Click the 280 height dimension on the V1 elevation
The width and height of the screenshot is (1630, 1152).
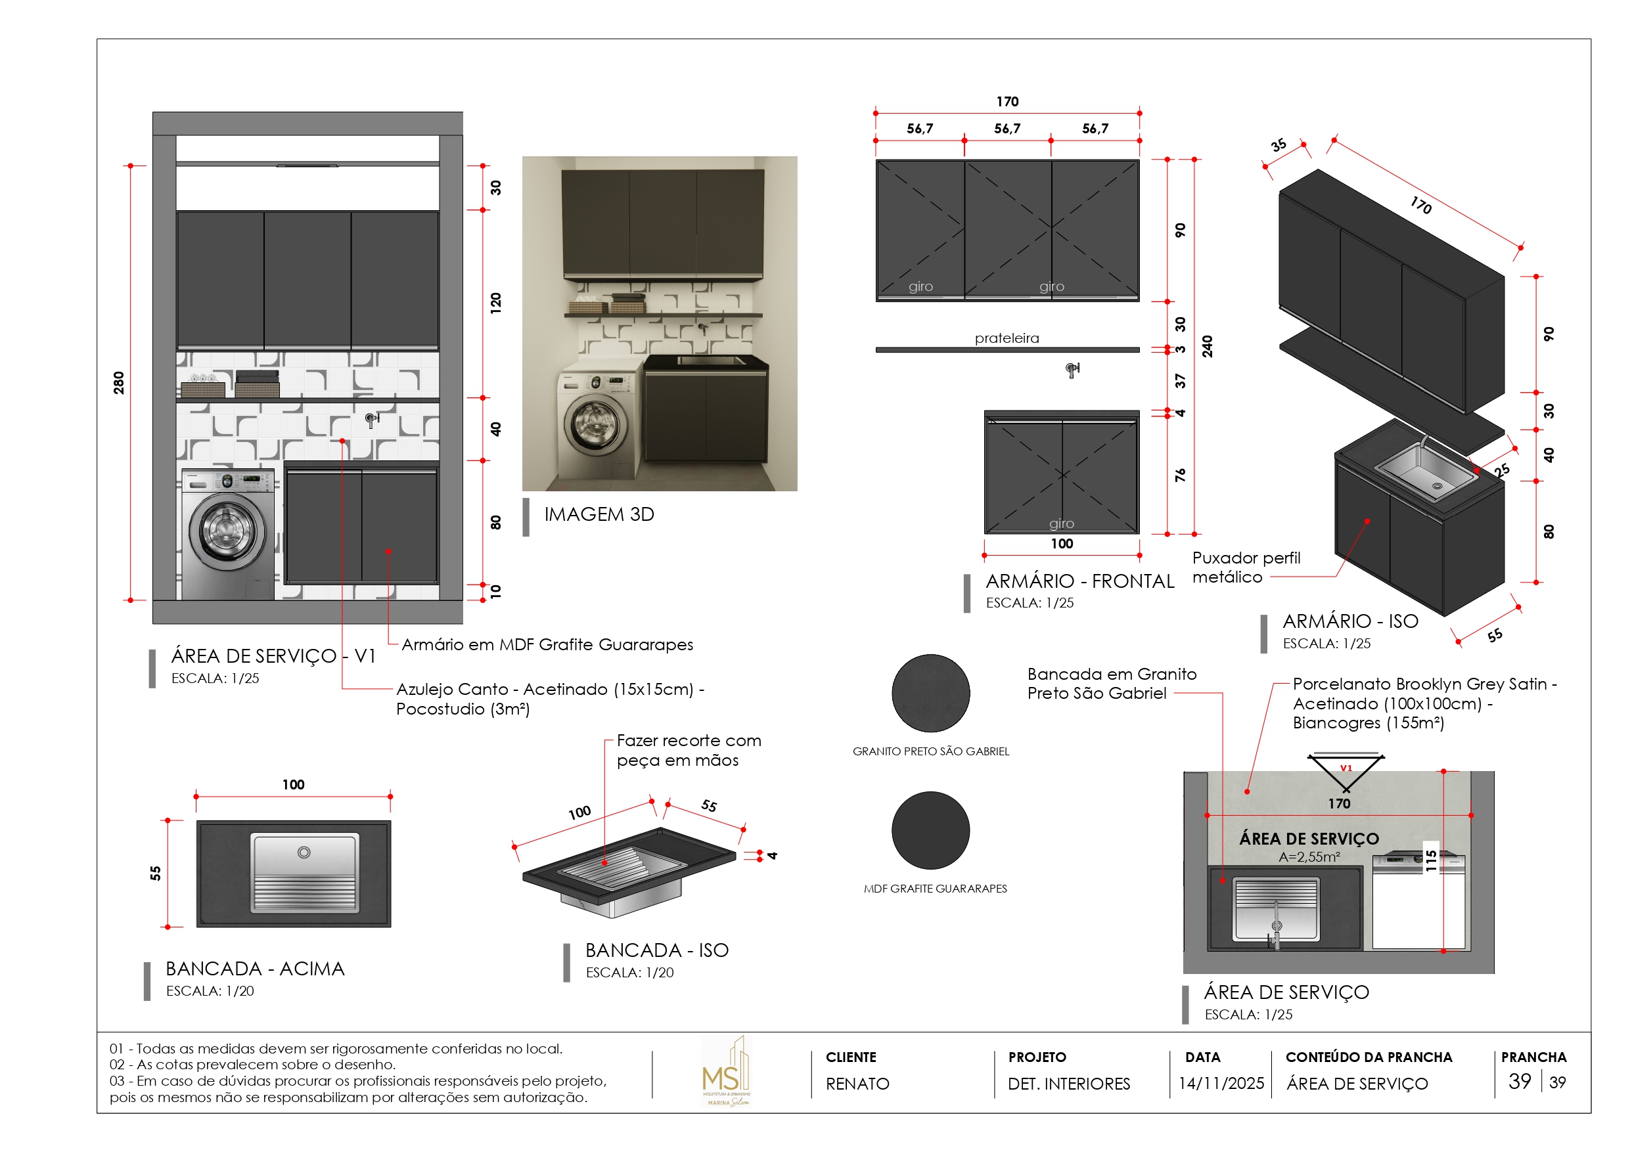click(118, 383)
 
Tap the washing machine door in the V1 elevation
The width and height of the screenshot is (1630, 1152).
click(227, 529)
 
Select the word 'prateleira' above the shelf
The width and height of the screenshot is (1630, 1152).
click(1007, 339)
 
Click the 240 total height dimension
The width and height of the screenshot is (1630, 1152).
click(1207, 346)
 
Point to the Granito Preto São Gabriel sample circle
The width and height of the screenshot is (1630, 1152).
click(931, 694)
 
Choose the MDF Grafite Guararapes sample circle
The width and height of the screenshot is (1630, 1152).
click(931, 830)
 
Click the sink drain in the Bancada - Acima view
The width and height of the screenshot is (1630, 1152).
click(304, 853)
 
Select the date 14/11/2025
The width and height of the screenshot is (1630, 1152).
click(1221, 1084)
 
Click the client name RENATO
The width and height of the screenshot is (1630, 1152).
click(857, 1084)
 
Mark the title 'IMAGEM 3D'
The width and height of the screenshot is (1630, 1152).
click(599, 515)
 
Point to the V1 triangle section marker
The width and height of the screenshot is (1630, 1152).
click(1346, 770)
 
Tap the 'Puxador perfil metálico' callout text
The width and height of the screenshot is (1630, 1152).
click(1246, 567)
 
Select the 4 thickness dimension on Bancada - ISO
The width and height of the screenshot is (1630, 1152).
click(773, 856)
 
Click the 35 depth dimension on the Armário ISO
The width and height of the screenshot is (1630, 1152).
click(1279, 146)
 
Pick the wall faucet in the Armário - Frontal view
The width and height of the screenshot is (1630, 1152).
click(1072, 369)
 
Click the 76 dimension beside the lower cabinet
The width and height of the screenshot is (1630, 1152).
click(1180, 475)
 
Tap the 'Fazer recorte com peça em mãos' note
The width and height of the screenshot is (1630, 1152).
click(688, 750)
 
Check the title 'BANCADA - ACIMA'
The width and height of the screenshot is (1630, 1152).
click(255, 969)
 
